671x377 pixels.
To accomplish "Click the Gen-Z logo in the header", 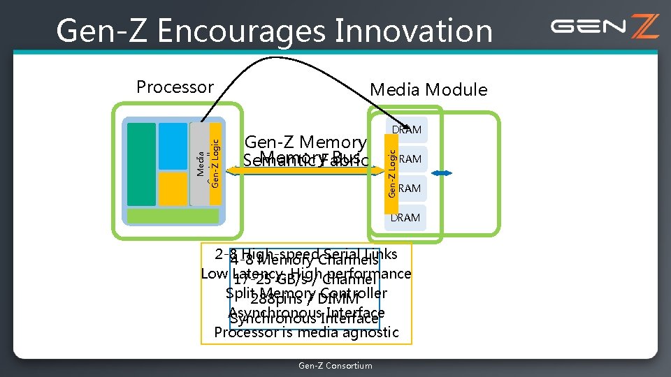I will click(x=604, y=27).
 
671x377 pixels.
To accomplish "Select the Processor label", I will click(x=175, y=87).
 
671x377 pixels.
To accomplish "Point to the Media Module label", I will click(x=428, y=89).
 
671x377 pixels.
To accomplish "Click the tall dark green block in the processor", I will click(x=141, y=164).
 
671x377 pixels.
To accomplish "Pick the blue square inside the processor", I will click(x=173, y=146).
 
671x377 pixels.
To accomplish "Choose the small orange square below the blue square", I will click(x=173, y=188).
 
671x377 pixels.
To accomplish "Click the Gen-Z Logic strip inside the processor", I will click(x=215, y=163).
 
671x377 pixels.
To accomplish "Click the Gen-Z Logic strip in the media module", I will click(x=392, y=171).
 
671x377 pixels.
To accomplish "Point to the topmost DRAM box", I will click(x=406, y=130).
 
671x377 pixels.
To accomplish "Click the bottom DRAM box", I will click(x=406, y=218).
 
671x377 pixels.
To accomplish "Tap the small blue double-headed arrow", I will click(x=442, y=173).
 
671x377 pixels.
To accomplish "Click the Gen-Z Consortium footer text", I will click(x=335, y=366).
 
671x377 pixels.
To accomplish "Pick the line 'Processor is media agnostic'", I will click(x=306, y=332).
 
